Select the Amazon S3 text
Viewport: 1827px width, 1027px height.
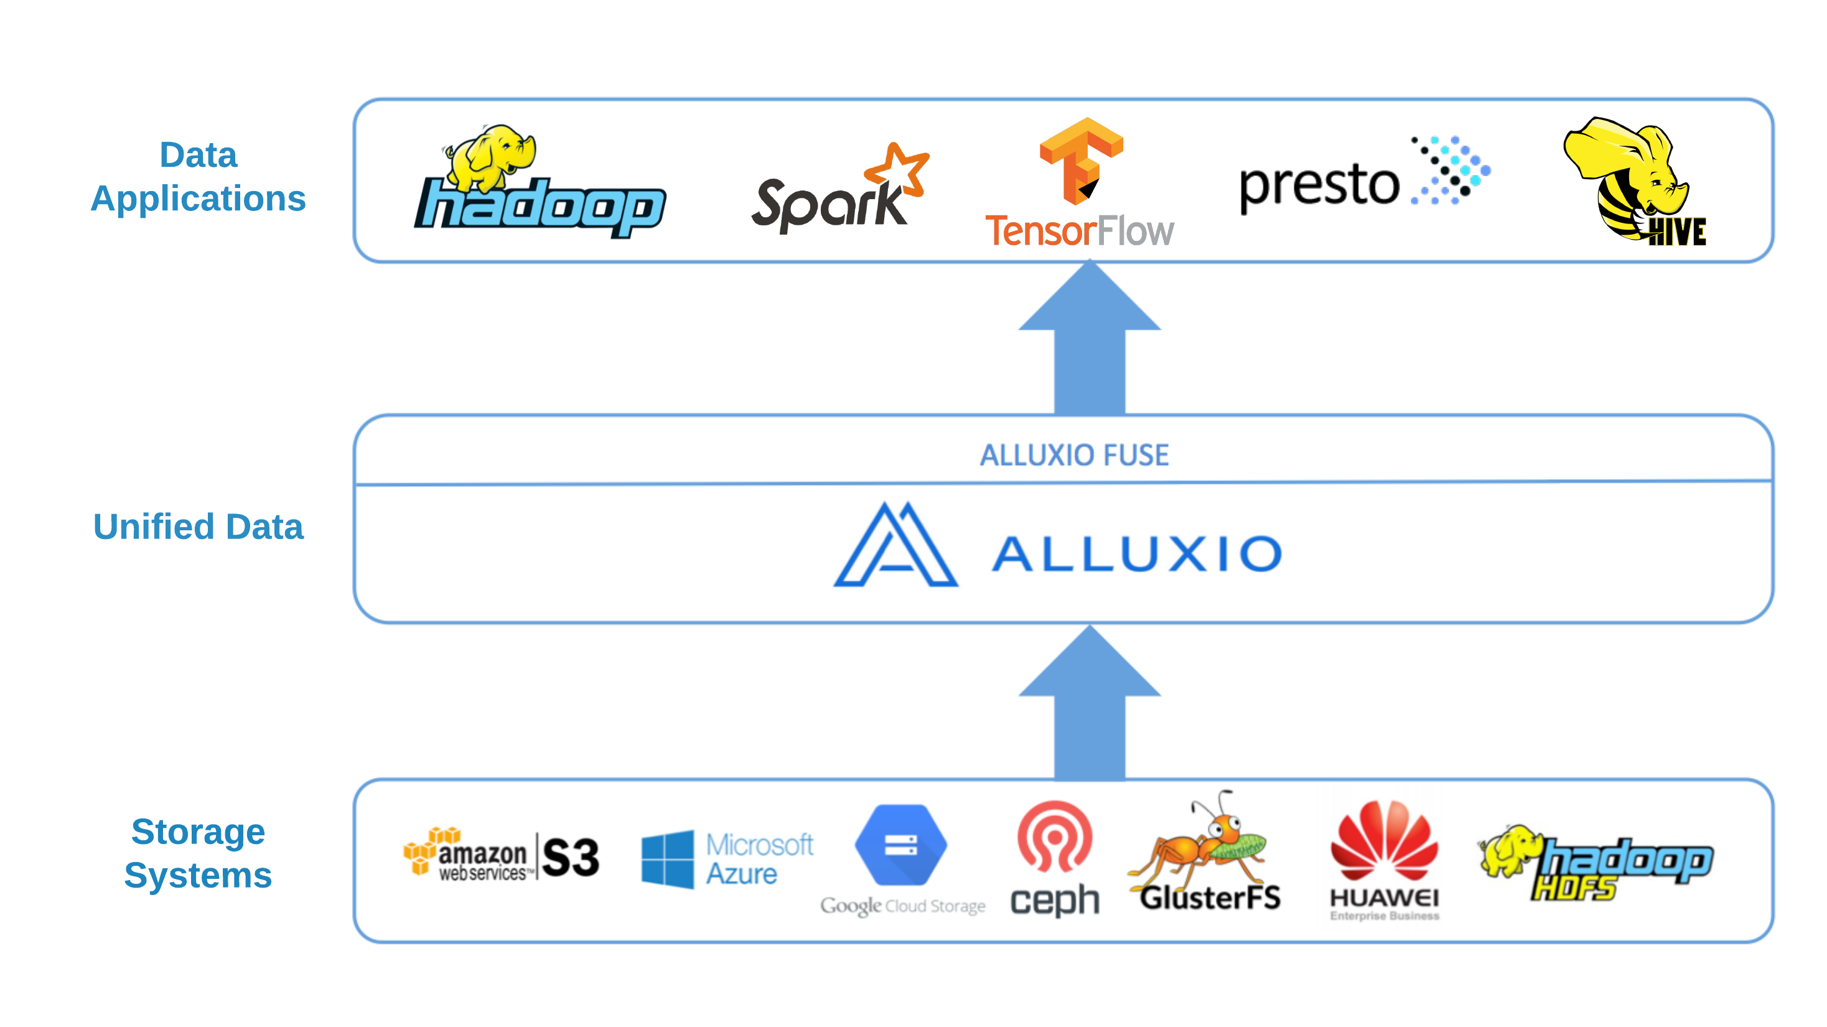571,858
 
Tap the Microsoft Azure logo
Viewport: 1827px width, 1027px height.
726,859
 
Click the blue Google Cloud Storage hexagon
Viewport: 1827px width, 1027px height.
900,845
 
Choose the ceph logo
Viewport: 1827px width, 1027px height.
1055,858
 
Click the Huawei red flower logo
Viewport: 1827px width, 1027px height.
1384,840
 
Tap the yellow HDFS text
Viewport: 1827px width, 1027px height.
1574,888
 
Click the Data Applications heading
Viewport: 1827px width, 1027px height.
199,177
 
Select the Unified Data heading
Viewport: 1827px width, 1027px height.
199,527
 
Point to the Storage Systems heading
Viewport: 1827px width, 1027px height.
199,853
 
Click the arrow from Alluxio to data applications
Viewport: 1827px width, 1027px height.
1090,340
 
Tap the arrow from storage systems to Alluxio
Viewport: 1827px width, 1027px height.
1090,706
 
